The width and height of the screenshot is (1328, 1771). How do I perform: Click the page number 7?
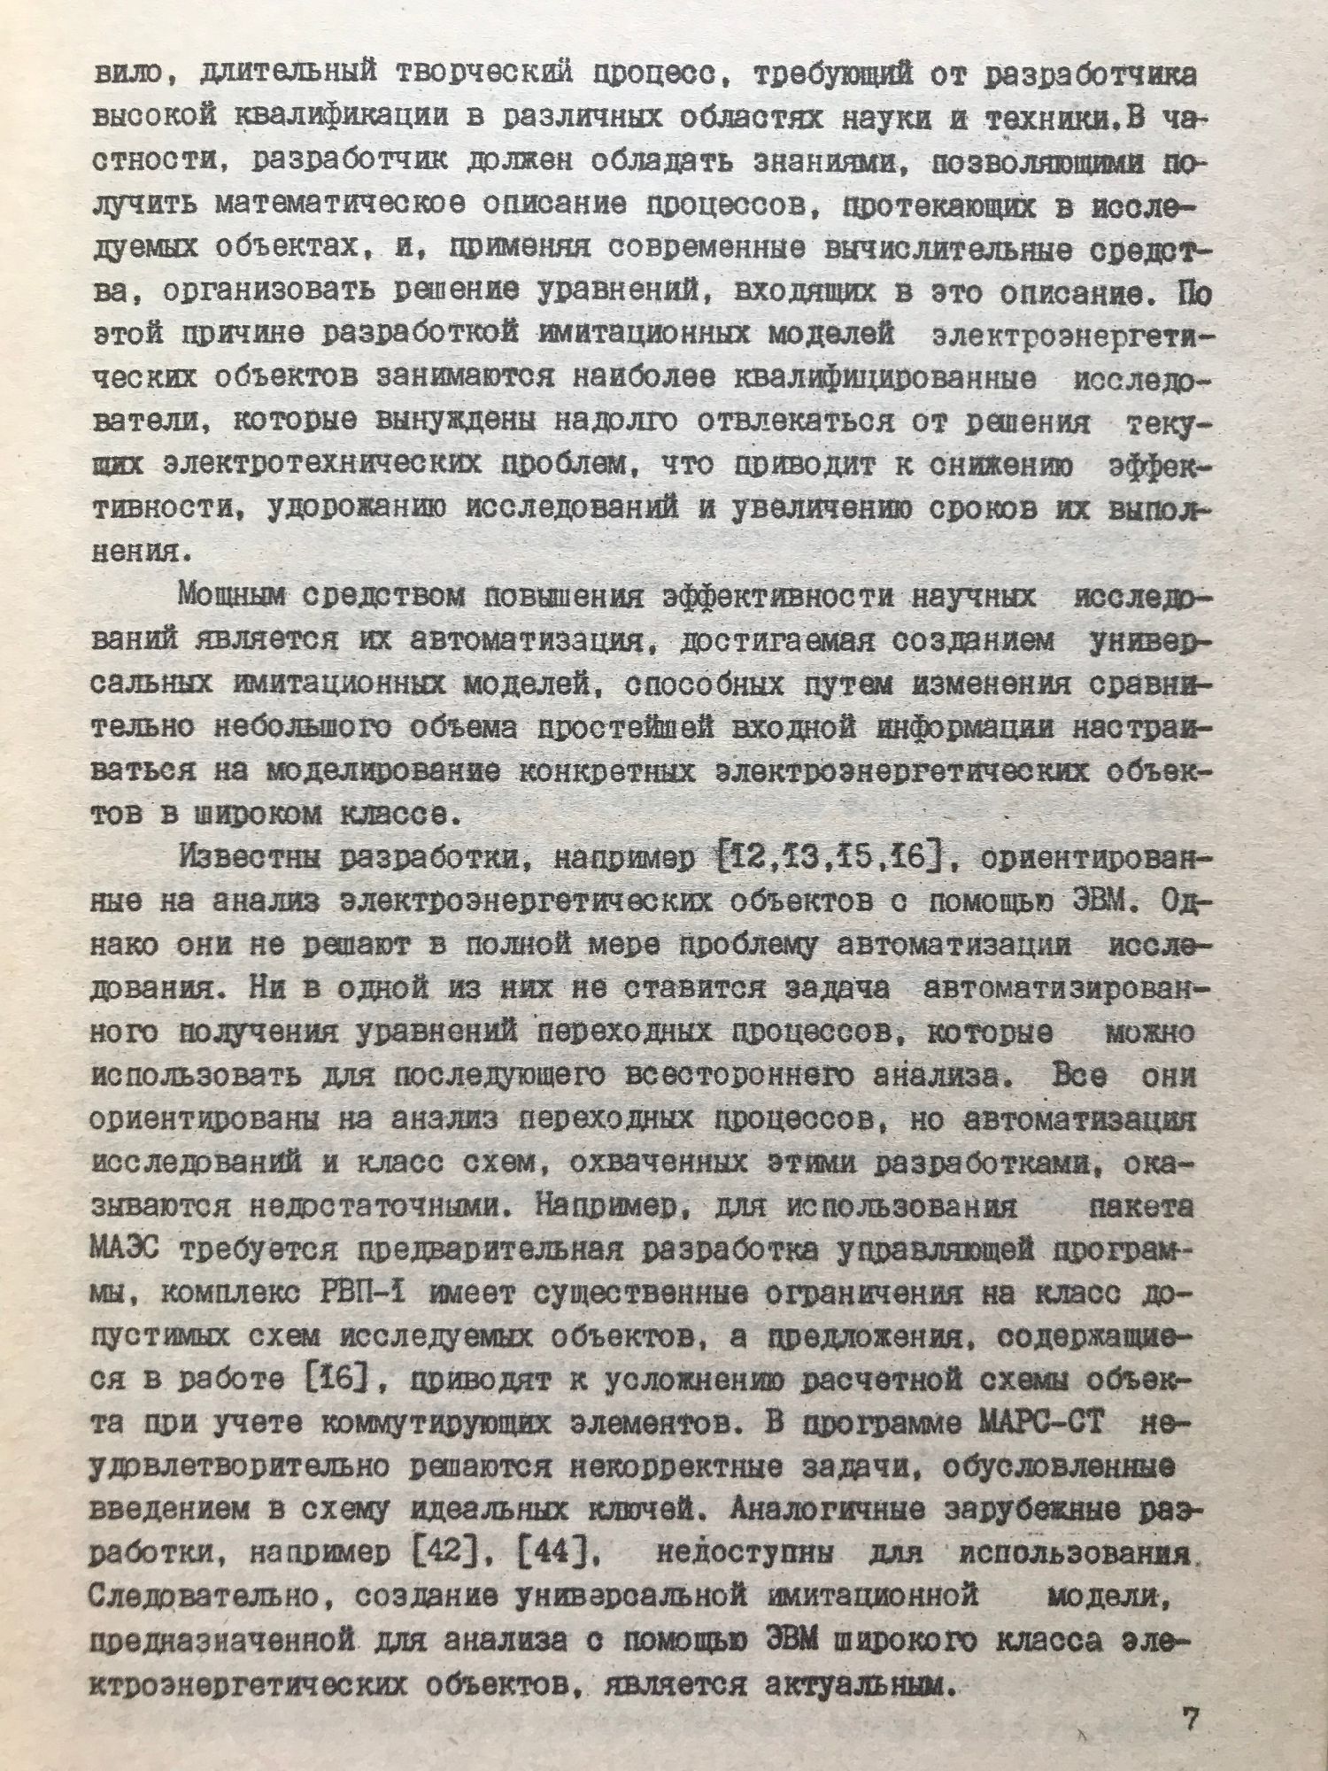(1189, 1720)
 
